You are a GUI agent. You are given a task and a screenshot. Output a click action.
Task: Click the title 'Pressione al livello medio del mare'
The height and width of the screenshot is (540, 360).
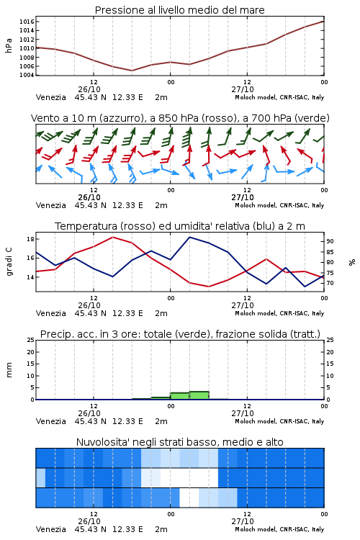179,10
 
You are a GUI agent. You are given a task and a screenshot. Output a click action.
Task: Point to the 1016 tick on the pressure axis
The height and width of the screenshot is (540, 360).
27,22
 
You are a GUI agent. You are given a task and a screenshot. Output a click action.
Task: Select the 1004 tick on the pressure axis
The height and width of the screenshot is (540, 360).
27,75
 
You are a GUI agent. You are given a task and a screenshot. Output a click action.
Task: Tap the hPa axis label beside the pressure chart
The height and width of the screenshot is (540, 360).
9,45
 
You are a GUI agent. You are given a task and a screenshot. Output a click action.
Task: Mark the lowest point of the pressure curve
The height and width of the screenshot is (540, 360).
132,71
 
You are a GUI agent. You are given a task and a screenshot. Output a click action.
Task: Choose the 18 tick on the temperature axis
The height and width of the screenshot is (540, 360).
30,238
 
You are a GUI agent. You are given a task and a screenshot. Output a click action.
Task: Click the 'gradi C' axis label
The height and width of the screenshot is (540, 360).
9,262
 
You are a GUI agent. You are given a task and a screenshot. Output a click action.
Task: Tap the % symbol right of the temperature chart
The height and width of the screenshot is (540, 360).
352,262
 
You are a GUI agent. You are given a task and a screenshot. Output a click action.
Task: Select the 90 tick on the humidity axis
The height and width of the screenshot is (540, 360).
330,241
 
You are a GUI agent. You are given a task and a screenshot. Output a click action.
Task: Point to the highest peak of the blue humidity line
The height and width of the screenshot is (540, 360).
189,237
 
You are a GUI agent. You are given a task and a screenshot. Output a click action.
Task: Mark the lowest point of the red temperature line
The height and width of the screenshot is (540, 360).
208,287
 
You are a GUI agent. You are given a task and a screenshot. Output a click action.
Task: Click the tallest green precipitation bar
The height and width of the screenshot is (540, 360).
199,395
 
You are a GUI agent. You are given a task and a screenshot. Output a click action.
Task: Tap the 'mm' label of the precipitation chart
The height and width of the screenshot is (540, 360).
9,370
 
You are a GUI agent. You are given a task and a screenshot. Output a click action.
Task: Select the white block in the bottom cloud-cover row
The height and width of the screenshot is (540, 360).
189,498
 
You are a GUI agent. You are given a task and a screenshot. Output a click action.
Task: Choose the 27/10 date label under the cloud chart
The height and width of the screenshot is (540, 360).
243,521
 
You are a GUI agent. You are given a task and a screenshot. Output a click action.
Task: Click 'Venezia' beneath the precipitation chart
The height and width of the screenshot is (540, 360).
50,421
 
